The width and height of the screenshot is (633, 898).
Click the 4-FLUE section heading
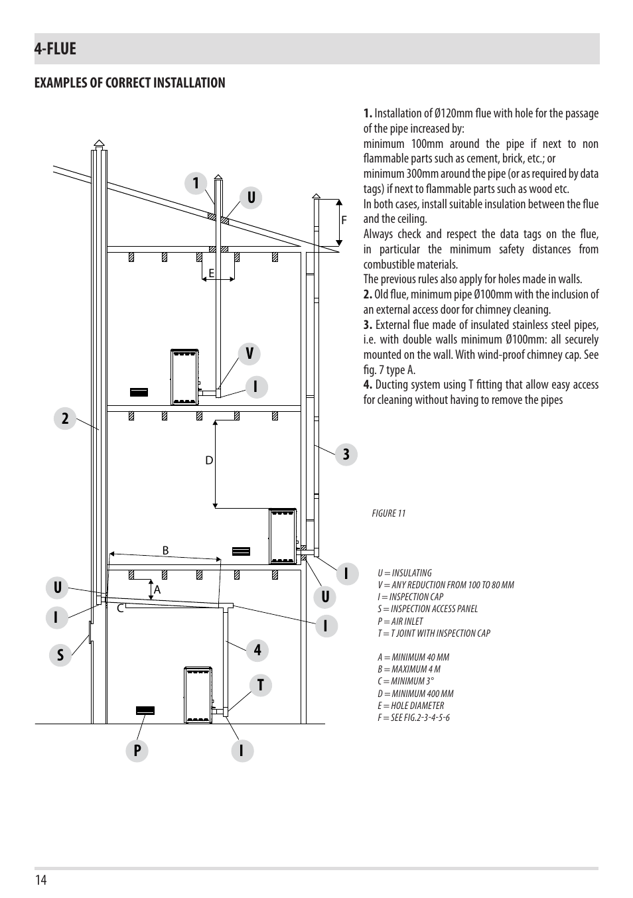coord(55,48)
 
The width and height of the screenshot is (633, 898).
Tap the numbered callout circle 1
coord(196,183)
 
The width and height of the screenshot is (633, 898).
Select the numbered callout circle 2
coord(65,418)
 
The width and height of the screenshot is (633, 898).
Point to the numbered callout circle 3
coord(346,454)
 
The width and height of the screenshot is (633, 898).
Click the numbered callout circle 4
coord(257,650)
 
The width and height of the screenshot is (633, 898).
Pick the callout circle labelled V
coord(249,353)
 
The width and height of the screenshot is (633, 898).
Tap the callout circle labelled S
coord(60,655)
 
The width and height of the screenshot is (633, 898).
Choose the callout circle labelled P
coord(137,751)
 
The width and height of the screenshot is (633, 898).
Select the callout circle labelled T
coord(261,685)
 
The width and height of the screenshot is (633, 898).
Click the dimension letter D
coord(209,461)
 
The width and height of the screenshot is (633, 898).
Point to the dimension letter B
coord(165,551)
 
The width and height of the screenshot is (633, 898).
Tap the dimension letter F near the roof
coord(344,220)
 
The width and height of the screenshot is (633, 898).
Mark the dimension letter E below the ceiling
coord(212,273)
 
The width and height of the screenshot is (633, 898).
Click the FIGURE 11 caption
coord(389,513)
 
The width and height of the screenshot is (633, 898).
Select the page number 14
coord(41,880)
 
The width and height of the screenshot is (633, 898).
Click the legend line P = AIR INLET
coord(400,621)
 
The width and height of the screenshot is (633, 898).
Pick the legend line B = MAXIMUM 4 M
coord(409,669)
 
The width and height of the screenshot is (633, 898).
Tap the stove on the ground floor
coord(198,695)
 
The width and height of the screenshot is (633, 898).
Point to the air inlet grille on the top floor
coord(139,392)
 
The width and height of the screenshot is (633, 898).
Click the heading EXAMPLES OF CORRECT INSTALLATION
coord(130,83)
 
